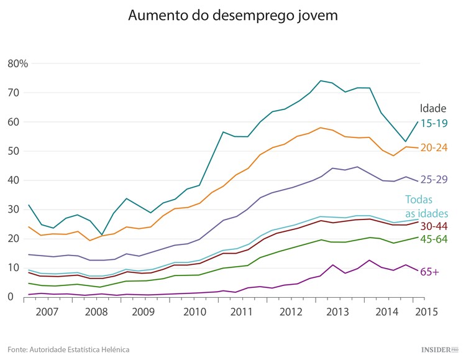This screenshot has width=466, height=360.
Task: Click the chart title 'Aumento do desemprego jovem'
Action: coord(233,16)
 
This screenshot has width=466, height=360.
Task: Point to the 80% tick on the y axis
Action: coord(18,63)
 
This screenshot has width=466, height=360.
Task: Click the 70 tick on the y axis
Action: coord(14,93)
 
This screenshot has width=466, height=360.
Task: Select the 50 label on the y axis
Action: coord(14,151)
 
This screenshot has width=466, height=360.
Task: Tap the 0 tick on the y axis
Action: coord(11,297)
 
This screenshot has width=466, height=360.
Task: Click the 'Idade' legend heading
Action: coord(433,108)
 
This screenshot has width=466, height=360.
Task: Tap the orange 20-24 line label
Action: coord(434,148)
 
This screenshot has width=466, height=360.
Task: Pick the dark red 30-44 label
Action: coord(434,225)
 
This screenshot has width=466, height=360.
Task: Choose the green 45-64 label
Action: coord(434,239)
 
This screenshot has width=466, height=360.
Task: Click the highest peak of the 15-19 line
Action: coord(321,80)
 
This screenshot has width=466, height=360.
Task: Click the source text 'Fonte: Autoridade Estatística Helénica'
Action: coord(68,349)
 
